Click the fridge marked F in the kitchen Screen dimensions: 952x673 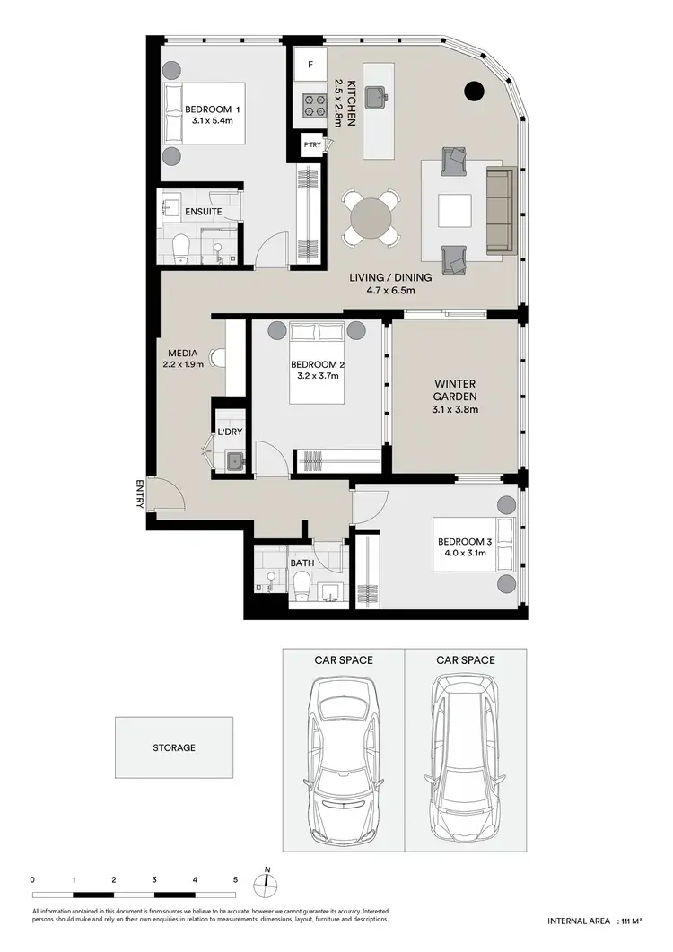tap(310, 65)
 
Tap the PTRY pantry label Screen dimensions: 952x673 tap(311, 144)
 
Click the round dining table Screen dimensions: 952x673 tap(371, 218)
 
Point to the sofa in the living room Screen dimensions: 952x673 tap(501, 210)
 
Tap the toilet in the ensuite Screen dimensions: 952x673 tap(180, 246)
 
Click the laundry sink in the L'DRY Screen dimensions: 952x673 tap(234, 460)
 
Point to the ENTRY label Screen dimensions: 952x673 tap(139, 494)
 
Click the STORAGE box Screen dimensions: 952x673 tap(173, 747)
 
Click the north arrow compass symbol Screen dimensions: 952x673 tap(267, 883)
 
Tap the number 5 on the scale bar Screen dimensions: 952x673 tap(236, 879)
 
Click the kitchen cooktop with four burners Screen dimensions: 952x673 tap(315, 107)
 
